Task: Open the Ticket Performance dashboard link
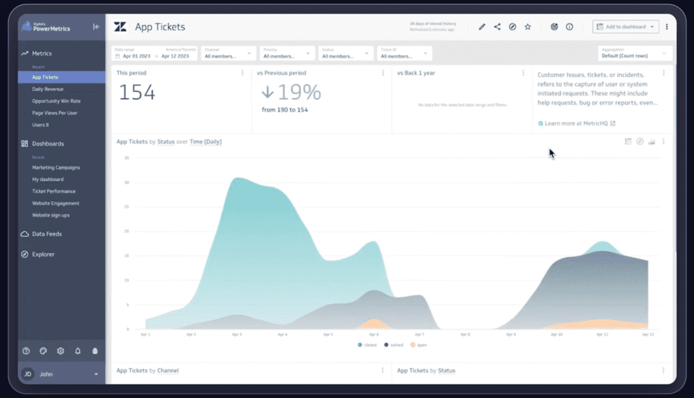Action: (x=54, y=192)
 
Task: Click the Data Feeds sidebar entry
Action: (x=47, y=234)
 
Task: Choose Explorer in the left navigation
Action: (x=43, y=255)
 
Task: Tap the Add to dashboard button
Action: (x=626, y=27)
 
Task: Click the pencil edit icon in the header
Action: (x=482, y=27)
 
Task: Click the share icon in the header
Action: (x=497, y=27)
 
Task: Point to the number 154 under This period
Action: (x=138, y=93)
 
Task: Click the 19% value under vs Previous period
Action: (x=291, y=93)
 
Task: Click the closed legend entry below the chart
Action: (x=367, y=345)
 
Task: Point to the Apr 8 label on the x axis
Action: (x=465, y=335)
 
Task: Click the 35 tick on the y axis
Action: (x=126, y=158)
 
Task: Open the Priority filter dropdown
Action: (x=287, y=53)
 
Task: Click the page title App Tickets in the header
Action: (x=160, y=27)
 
